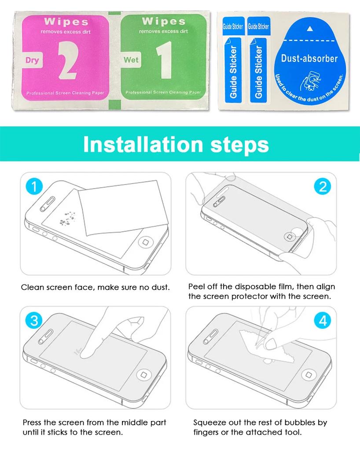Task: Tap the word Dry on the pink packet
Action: point(32,61)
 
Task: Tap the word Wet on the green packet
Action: point(131,60)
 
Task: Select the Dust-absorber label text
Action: point(309,58)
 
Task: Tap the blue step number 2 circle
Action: point(322,187)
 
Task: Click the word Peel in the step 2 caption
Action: point(197,287)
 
